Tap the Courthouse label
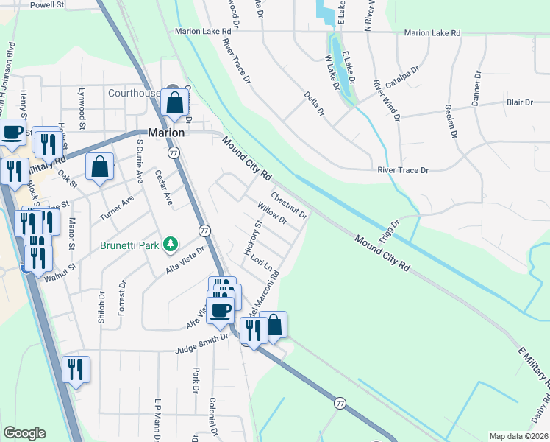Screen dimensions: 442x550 click(x=134, y=93)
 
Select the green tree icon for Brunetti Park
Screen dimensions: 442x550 click(x=170, y=242)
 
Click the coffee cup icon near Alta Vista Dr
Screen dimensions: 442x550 click(x=220, y=309)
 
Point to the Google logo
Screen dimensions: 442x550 click(x=24, y=433)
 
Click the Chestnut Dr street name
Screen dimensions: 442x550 click(x=288, y=206)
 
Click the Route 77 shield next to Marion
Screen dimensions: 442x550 click(x=174, y=152)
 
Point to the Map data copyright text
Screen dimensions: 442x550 click(x=518, y=436)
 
